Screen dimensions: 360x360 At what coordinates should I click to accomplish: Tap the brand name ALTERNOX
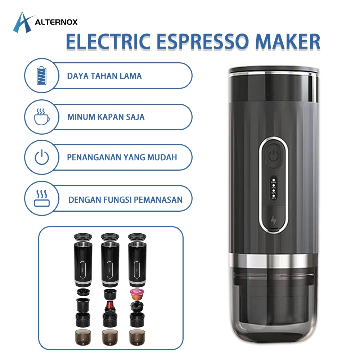56,22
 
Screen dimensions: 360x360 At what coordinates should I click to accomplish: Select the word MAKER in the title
288,41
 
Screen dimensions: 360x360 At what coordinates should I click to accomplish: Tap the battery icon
42,76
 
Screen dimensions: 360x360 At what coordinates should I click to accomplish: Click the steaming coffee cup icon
42,116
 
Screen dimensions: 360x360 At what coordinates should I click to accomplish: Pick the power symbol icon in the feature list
42,157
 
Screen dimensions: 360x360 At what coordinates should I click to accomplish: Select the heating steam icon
42,199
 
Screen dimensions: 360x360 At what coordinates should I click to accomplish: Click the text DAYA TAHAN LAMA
104,76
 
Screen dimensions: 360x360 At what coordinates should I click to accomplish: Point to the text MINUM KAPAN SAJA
106,117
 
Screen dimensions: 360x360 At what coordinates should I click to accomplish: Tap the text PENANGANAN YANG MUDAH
122,158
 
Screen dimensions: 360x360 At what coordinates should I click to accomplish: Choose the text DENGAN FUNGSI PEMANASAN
125,199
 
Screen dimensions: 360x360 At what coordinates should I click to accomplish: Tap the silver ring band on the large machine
273,259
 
